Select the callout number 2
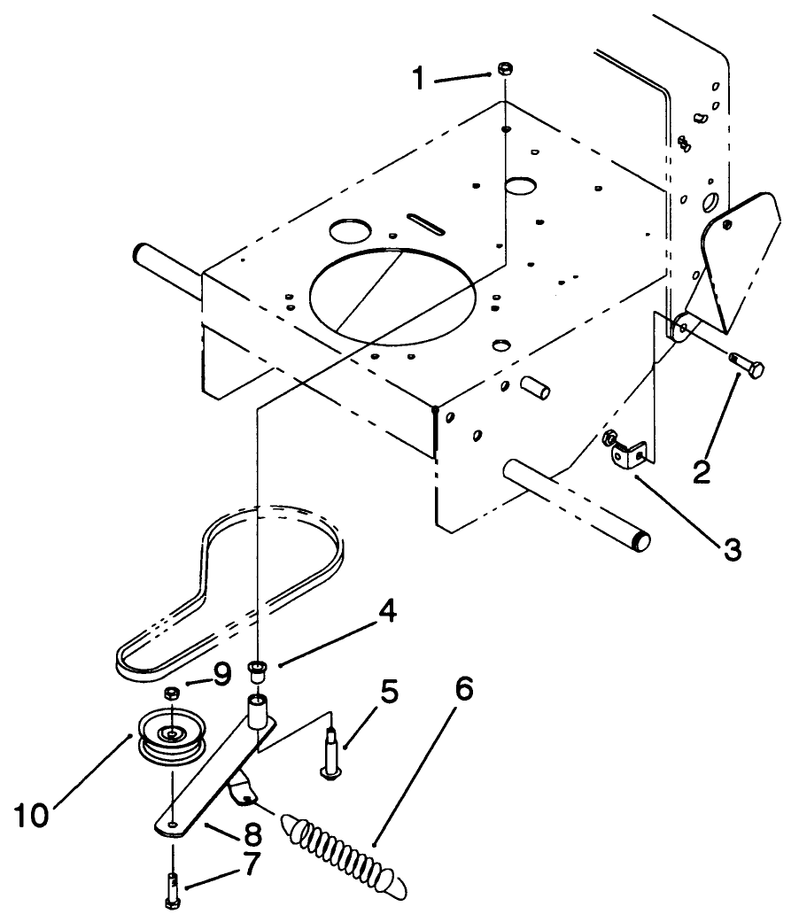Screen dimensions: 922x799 tap(702, 469)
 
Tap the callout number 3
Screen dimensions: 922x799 tap(732, 548)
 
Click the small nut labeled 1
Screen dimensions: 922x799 tap(502, 67)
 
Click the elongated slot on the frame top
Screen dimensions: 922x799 tap(426, 221)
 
